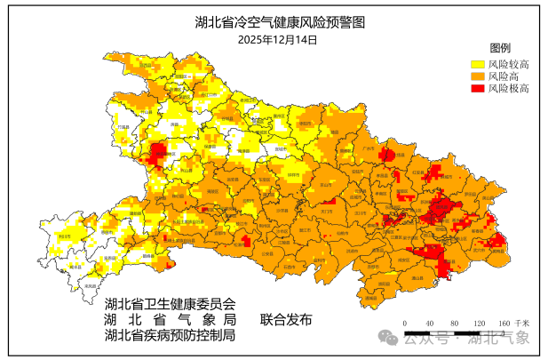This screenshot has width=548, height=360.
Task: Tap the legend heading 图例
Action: coord(501,48)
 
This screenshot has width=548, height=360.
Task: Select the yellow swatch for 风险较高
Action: coord(477,64)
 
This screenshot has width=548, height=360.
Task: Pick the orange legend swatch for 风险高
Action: coord(477,76)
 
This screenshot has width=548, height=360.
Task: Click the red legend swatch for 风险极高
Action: coord(477,89)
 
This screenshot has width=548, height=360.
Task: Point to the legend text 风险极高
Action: coord(510,89)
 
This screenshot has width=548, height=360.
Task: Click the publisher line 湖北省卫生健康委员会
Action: coord(170,302)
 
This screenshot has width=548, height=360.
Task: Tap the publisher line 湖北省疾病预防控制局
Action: coord(170,335)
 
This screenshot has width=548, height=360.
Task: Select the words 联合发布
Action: coord(286,319)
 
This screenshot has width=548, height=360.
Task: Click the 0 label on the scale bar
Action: coord(404,323)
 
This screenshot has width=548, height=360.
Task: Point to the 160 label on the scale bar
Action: coord(504,323)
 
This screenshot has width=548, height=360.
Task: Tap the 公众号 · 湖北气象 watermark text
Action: coord(467,338)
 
